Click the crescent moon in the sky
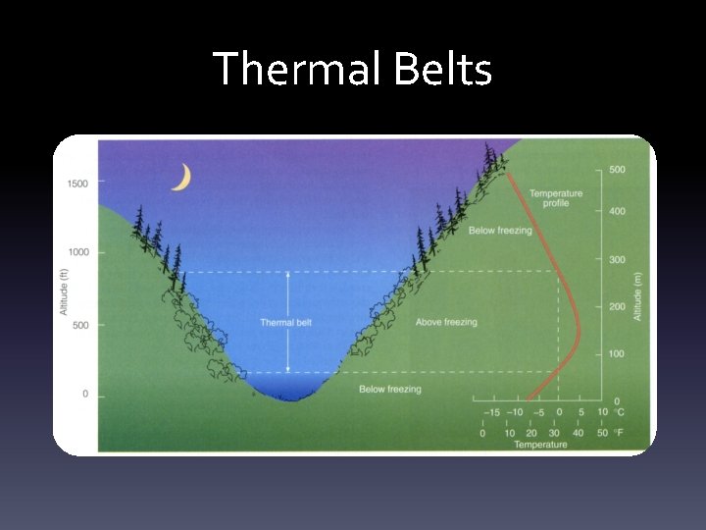pyautogui.click(x=181, y=177)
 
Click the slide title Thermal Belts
pyautogui.click(x=352, y=69)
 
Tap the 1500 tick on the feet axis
pyautogui.click(x=77, y=184)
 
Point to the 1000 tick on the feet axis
pyautogui.click(x=77, y=252)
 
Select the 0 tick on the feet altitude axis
pyautogui.click(x=84, y=394)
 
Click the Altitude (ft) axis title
pyautogui.click(x=64, y=286)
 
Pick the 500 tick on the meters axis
pyautogui.click(x=616, y=170)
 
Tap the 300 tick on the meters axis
pyautogui.click(x=616, y=260)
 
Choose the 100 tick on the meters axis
pyautogui.click(x=616, y=353)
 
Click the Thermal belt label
pyautogui.click(x=285, y=322)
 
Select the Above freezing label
pyautogui.click(x=446, y=322)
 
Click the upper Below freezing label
pyautogui.click(x=501, y=231)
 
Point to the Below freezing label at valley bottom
pyautogui.click(x=389, y=390)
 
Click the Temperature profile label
pyautogui.click(x=555, y=199)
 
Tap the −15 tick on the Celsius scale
pyautogui.click(x=492, y=412)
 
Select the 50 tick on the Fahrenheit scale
pyautogui.click(x=603, y=433)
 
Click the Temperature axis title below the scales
pyautogui.click(x=540, y=445)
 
